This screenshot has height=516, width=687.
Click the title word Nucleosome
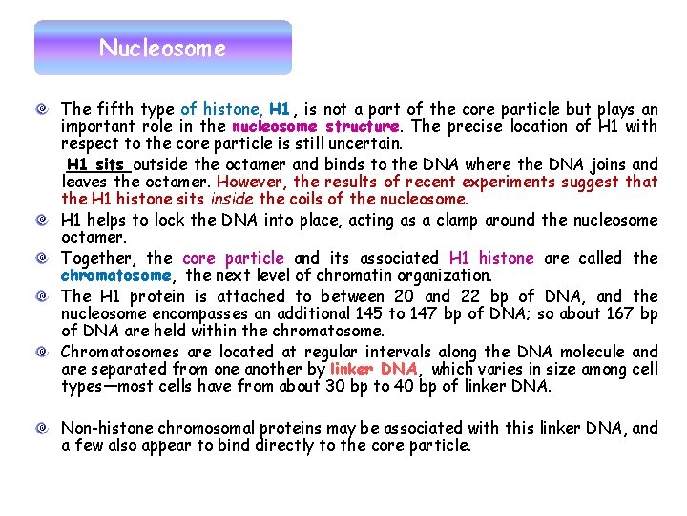(162, 48)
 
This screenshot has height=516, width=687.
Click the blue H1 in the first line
(280, 110)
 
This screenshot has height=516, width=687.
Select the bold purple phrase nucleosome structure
(314, 127)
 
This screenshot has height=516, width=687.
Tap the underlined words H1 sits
(95, 164)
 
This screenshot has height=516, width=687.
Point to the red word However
(253, 182)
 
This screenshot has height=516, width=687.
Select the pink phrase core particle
(233, 258)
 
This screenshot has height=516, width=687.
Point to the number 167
(620, 314)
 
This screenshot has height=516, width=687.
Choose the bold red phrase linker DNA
(373, 369)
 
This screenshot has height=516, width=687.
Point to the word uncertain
(366, 144)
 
